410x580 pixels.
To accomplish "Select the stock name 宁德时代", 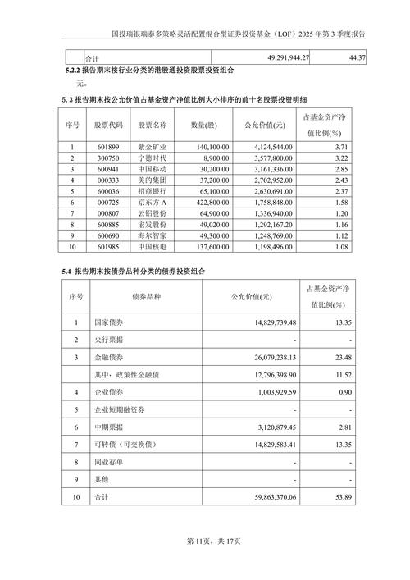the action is pyautogui.click(x=153, y=157).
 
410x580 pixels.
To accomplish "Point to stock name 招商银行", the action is pyautogui.click(x=153, y=190).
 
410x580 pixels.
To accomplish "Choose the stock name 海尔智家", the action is pyautogui.click(x=153, y=235).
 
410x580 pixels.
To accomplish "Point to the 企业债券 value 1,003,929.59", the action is pyautogui.click(x=271, y=392).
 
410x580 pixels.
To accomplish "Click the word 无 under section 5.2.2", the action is pyautogui.click(x=79, y=84).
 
